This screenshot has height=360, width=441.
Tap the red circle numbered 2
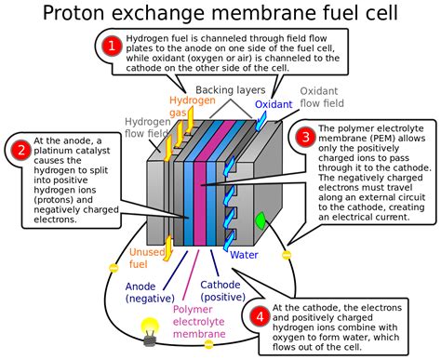coord(20,147)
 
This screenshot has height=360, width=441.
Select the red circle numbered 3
coord(305,137)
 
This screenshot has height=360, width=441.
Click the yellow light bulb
coord(147,327)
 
